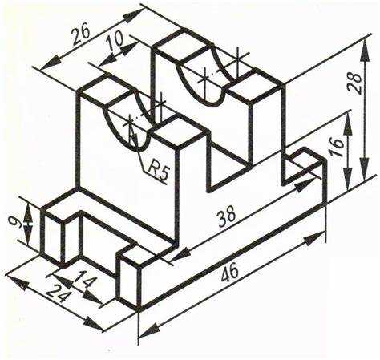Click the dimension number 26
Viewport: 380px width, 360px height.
(x=80, y=34)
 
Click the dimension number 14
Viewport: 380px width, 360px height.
(x=85, y=279)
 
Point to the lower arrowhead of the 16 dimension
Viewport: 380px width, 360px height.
(x=347, y=179)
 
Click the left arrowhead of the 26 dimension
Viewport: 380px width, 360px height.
(x=51, y=63)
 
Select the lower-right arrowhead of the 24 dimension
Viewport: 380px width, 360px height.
(x=94, y=325)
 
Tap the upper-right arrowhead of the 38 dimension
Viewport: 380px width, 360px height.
(x=305, y=184)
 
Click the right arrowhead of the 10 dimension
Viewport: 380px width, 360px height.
(x=130, y=47)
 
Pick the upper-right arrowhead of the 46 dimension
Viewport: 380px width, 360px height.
(x=315, y=237)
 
